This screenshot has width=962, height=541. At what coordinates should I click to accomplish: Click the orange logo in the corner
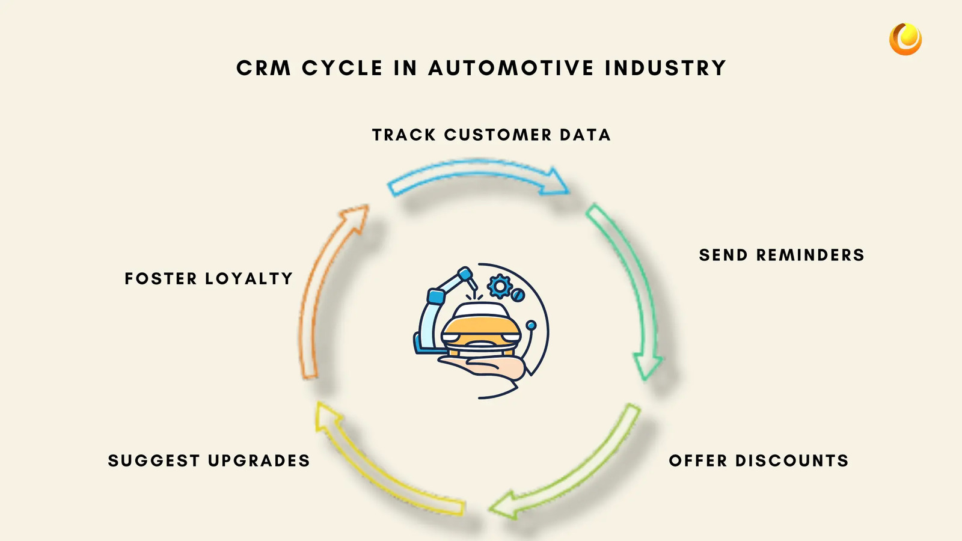[x=905, y=39]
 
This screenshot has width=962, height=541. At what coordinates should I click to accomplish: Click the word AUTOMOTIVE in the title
[x=511, y=68]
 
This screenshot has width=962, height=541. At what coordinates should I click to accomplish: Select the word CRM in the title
[x=263, y=68]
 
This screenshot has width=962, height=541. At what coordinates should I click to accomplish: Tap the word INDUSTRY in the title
[x=666, y=68]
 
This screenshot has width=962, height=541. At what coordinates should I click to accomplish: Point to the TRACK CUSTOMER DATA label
[x=491, y=135]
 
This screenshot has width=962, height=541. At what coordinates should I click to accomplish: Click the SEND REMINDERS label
[x=782, y=255]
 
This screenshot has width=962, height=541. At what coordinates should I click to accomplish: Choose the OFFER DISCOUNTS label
[x=759, y=460]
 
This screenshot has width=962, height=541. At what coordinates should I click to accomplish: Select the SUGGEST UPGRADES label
[x=209, y=460]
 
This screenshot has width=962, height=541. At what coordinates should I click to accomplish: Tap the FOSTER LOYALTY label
[x=209, y=278]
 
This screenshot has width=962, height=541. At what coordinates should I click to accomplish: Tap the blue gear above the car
[x=499, y=286]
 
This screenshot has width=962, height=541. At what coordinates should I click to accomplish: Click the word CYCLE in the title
[x=342, y=68]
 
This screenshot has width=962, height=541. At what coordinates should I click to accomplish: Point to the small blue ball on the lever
[x=531, y=325]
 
